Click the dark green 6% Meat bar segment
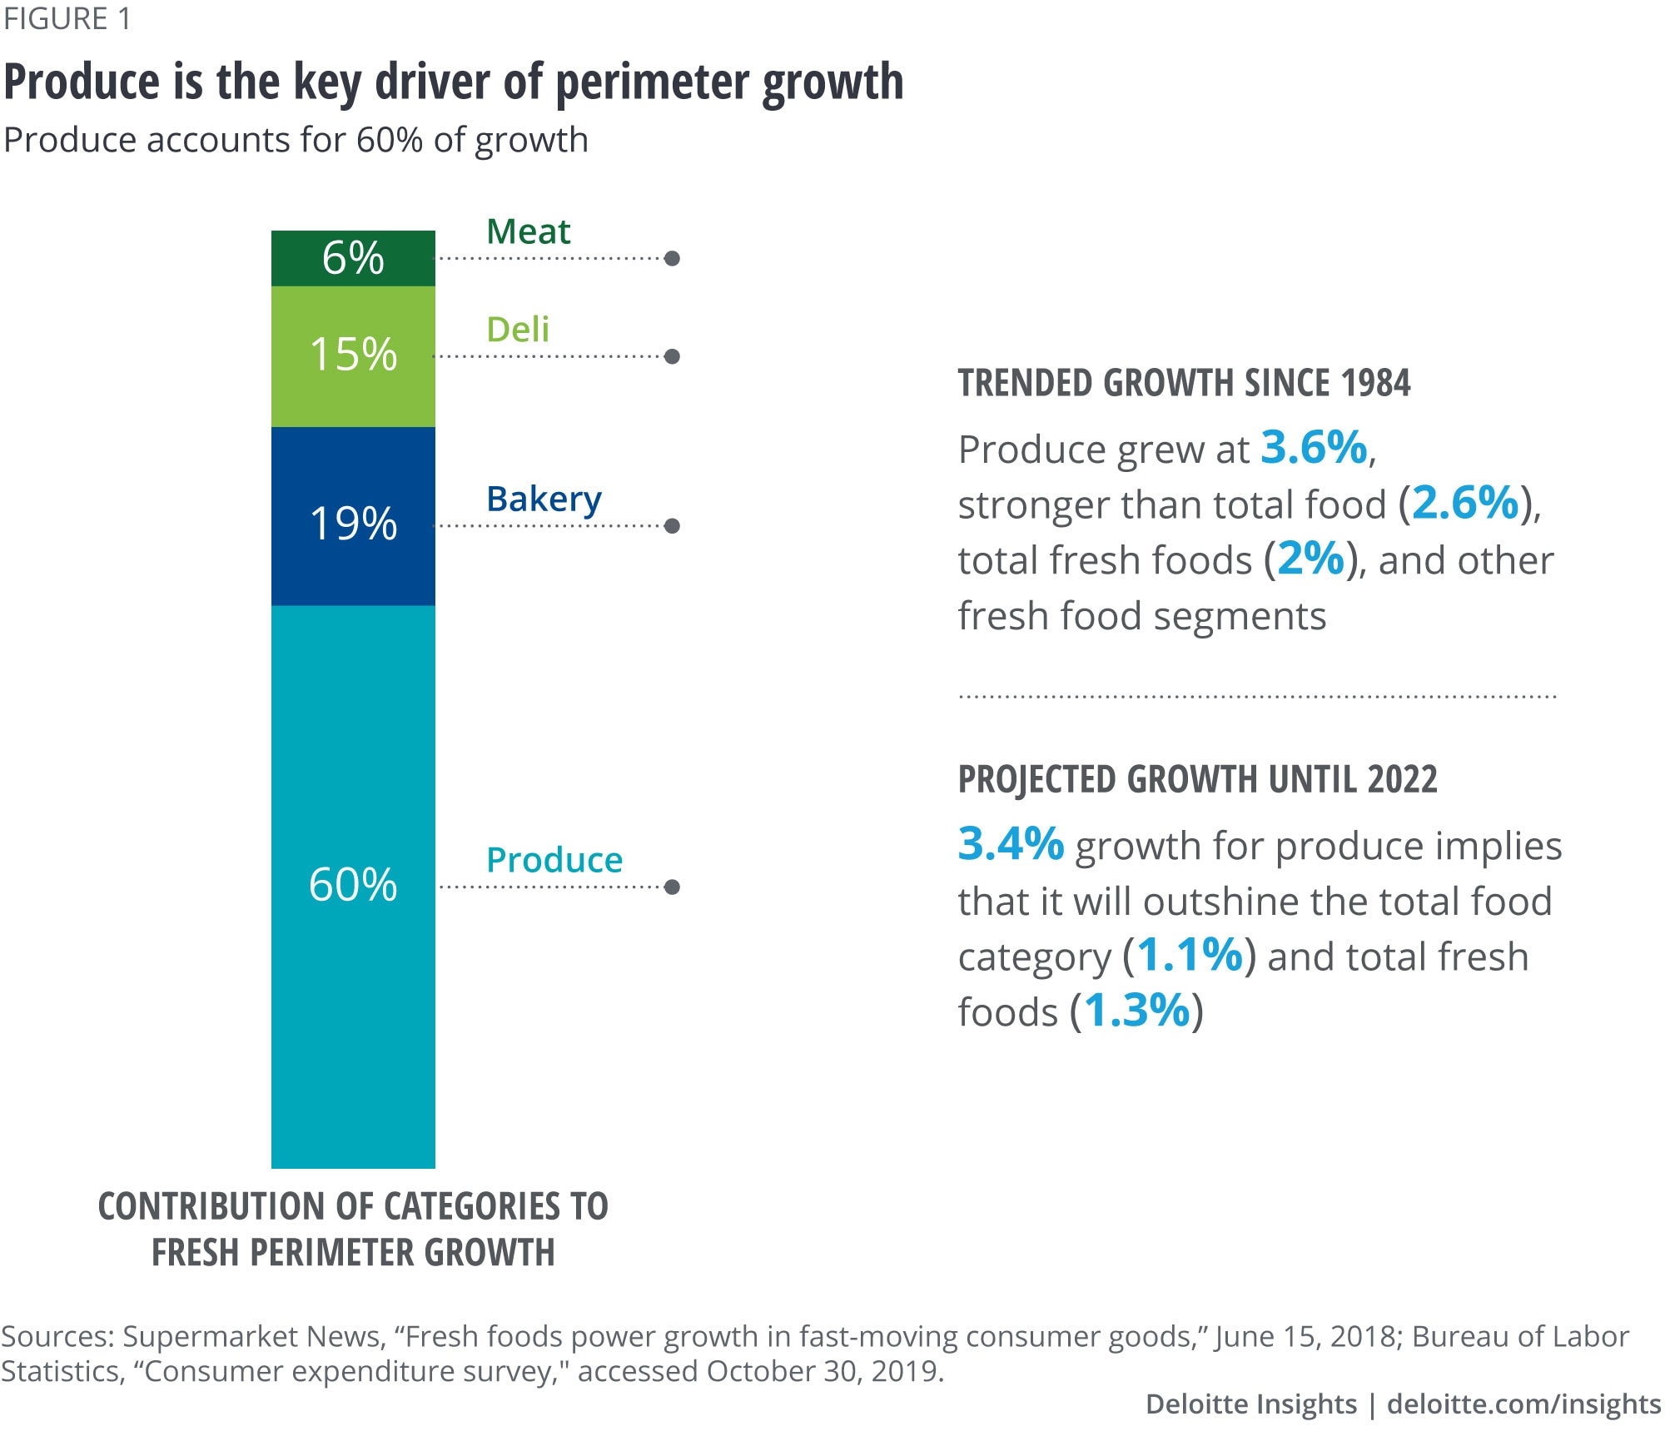(353, 258)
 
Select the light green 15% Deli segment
(353, 355)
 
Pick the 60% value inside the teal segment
(353, 884)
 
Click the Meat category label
(528, 231)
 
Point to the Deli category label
(518, 330)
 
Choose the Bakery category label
(544, 499)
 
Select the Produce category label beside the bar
(554, 860)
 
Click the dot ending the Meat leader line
(673, 258)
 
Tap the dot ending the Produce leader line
(673, 887)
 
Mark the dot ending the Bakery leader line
(673, 525)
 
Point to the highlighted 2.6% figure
(1465, 503)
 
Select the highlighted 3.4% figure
(1011, 843)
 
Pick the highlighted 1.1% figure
(1189, 955)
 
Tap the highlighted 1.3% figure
(1137, 1011)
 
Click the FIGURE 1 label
(67, 18)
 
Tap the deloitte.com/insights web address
(1523, 1404)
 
